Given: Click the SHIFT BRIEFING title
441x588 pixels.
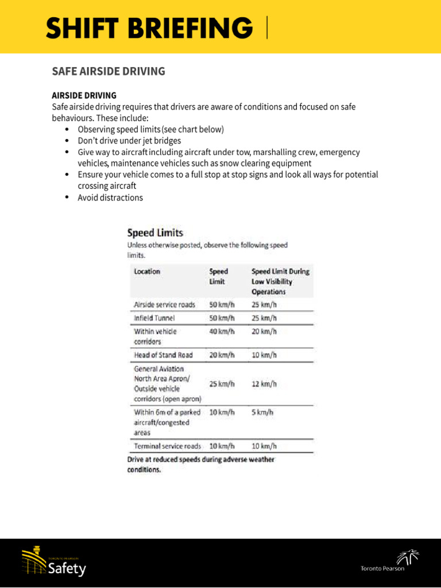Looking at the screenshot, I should [149, 28].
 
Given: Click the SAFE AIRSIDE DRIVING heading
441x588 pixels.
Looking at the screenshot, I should [109, 71].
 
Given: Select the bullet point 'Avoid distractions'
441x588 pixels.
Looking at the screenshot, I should [110, 198].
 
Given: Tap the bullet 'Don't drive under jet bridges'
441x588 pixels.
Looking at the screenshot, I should [129, 141].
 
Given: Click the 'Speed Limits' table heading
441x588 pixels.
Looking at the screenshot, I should [155, 233].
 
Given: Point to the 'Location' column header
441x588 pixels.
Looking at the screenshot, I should [147, 271].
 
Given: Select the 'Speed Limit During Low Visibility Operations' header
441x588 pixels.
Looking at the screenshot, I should [280, 281].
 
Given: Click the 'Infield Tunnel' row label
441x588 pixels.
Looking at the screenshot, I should [154, 318].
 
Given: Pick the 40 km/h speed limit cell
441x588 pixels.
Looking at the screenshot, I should [222, 331].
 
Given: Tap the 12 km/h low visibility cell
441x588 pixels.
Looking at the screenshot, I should [264, 384].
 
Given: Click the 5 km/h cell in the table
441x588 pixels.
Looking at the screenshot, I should [262, 412].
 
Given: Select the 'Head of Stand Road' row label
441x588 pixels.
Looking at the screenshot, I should [163, 355].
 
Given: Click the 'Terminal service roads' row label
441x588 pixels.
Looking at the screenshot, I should [168, 446].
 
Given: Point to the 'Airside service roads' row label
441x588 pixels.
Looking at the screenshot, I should [164, 304].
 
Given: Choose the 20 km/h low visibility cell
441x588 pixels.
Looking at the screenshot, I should [264, 331].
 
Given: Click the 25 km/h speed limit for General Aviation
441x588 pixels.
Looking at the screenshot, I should [222, 384].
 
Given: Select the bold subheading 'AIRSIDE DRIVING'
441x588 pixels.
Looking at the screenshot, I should [84, 95].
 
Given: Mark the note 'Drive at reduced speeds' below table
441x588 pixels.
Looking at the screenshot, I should [200, 464].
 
